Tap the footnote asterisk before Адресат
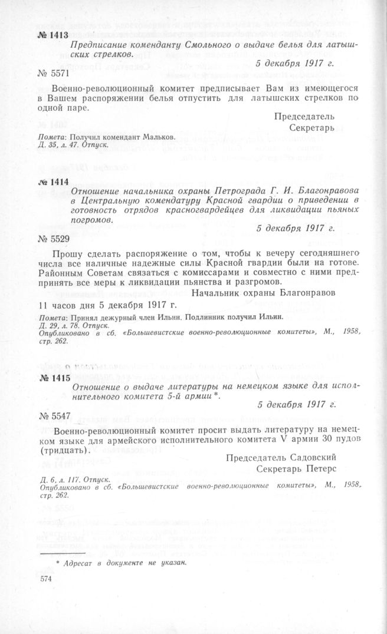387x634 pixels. click(58, 563)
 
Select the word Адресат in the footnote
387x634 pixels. click(78, 563)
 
